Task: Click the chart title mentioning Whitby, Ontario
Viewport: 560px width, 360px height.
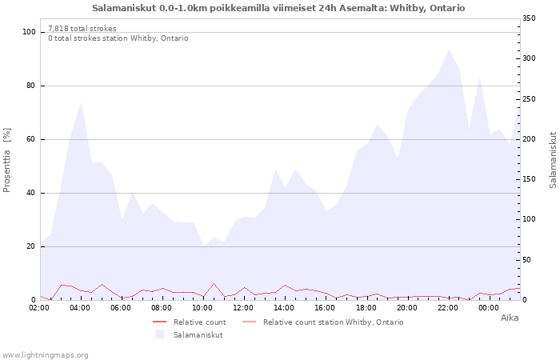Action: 278,8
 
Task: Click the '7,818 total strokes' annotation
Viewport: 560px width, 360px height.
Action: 82,29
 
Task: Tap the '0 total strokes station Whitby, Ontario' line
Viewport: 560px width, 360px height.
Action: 118,38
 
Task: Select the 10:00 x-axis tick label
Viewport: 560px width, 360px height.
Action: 203,307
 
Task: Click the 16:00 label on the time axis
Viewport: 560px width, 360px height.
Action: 326,307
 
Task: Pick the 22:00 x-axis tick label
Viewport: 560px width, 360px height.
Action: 448,307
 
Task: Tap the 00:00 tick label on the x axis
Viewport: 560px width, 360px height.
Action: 489,307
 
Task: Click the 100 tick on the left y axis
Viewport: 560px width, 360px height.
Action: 30,32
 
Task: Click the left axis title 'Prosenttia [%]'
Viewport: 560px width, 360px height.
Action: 7,160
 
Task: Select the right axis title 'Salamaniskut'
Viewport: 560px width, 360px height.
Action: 553,160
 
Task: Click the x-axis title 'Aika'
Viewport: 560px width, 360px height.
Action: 510,318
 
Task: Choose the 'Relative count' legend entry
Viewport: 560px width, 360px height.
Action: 199,322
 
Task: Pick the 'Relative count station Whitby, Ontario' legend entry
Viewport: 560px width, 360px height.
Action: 333,322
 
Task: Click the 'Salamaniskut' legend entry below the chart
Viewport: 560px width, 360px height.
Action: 198,335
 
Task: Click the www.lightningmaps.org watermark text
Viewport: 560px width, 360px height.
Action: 46,354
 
